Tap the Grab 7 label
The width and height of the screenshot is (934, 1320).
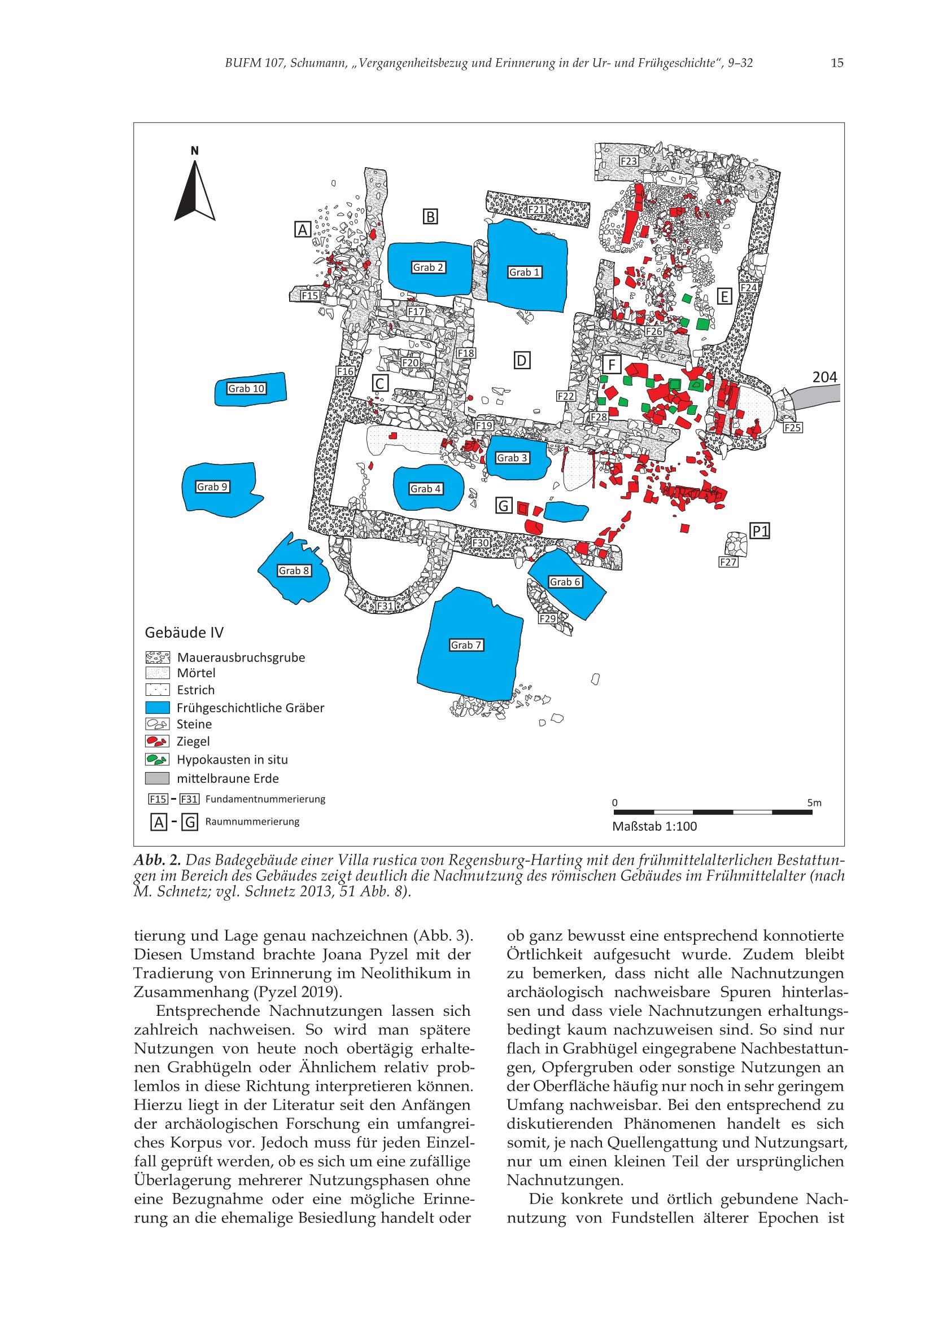click(x=466, y=645)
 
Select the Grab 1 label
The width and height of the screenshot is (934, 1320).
click(x=525, y=272)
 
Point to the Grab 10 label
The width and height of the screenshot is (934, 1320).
click(x=246, y=389)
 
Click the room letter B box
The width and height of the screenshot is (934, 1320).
click(x=430, y=217)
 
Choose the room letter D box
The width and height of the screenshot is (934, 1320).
click(x=522, y=361)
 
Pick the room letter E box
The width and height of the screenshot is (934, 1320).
click(x=724, y=297)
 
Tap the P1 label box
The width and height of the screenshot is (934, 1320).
click(x=760, y=531)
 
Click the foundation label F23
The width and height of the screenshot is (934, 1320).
click(x=629, y=161)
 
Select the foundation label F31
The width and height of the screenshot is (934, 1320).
click(x=385, y=606)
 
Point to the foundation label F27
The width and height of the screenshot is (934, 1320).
click(x=728, y=562)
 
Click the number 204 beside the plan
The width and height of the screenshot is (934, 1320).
click(x=824, y=378)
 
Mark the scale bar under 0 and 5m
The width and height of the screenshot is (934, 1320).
click(x=713, y=812)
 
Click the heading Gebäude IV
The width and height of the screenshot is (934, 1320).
click(x=184, y=633)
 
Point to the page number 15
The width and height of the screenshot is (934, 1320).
click(x=837, y=63)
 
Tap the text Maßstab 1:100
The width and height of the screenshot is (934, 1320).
click(x=654, y=827)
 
